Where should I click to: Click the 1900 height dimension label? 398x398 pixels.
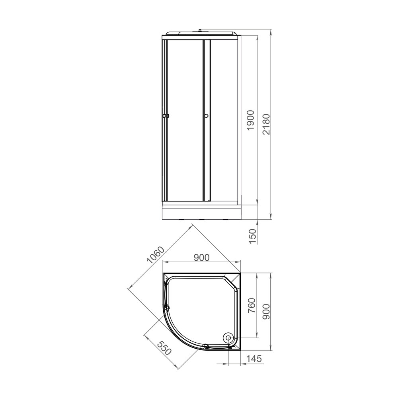point(251,120)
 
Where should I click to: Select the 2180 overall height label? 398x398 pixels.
point(266,124)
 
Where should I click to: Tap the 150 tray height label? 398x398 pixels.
point(253,236)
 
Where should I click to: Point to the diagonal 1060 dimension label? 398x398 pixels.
point(156,255)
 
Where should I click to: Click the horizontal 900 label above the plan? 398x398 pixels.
point(201,258)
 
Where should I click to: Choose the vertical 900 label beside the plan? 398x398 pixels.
point(266,312)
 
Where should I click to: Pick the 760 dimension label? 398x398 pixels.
point(251,306)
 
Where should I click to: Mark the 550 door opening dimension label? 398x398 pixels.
point(164,348)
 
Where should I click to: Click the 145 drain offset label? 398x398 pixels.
point(254,359)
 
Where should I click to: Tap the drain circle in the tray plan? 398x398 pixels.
point(229,338)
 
